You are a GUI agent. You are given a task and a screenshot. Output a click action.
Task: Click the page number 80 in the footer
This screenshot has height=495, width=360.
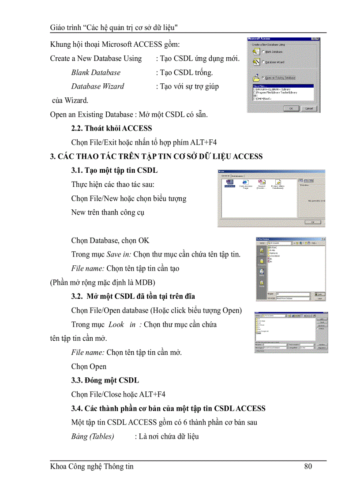click(308, 466)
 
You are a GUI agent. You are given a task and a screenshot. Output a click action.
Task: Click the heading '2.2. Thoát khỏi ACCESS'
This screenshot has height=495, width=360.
click(112, 128)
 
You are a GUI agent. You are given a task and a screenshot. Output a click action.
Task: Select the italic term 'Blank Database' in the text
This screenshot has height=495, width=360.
click(96, 72)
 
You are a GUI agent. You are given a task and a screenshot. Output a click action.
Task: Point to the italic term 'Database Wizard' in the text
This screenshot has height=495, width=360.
click(97, 86)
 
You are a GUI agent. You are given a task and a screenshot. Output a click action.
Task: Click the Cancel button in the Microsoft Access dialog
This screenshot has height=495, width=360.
click(309, 108)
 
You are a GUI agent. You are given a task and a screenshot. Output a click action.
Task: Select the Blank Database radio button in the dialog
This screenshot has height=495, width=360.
click(263, 52)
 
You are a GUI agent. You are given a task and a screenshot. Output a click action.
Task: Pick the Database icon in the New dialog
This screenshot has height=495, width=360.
click(229, 183)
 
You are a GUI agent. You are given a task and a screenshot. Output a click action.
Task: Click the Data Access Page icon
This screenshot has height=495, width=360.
click(245, 183)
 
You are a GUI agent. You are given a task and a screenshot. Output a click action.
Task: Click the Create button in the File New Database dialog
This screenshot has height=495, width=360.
click(321, 294)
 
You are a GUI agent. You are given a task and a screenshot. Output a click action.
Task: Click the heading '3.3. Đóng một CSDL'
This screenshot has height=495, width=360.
click(105, 380)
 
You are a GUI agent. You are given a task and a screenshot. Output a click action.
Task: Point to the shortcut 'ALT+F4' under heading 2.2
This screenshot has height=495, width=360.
click(203, 142)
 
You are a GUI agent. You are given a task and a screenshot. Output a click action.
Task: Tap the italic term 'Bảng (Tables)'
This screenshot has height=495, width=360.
click(93, 436)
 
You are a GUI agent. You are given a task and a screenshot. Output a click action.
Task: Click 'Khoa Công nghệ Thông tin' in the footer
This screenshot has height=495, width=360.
click(92, 466)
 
